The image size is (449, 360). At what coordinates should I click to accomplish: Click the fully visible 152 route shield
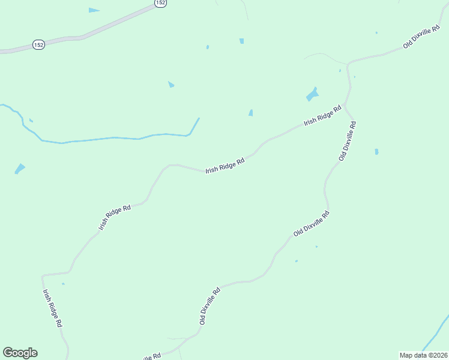pos(38,45)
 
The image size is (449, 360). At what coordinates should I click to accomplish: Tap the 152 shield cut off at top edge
pos(159,3)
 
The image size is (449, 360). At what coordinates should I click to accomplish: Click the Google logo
pos(20,353)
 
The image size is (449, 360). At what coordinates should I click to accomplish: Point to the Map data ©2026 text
pos(423,355)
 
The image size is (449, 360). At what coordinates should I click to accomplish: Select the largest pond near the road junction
pos(312,94)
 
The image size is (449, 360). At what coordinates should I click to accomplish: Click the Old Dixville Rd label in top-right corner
pos(421,37)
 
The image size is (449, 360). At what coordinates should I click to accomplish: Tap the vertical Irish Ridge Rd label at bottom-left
pos(52,308)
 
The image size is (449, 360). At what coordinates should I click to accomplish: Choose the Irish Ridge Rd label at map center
pos(225,166)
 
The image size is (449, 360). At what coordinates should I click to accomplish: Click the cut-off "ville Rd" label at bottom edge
pos(151,356)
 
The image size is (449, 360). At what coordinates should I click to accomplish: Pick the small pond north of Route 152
pos(94,10)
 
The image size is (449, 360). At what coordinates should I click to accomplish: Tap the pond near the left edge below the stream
pos(20,169)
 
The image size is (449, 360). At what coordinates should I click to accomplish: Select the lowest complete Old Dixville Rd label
pos(210,306)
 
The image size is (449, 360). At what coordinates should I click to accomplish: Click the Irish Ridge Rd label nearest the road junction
pos(322,114)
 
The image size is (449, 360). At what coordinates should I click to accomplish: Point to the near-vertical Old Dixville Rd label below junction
pos(348,141)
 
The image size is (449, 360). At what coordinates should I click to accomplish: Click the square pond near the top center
pos(241,41)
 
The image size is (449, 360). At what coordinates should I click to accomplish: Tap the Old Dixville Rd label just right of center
pos(311,223)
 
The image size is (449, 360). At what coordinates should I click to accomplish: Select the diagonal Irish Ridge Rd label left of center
pos(115,218)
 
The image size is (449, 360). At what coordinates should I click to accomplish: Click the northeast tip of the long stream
pos(198,118)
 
